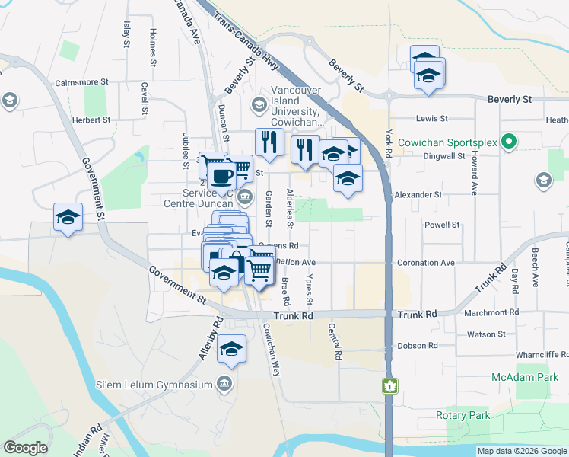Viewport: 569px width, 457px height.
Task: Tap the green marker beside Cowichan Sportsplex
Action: point(512,142)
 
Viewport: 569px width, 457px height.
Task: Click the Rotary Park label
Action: point(463,415)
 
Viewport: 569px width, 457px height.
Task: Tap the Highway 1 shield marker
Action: point(390,386)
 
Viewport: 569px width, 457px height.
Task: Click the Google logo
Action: point(25,448)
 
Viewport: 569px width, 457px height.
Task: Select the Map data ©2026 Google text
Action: point(522,451)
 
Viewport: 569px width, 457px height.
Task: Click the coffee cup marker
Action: point(221,175)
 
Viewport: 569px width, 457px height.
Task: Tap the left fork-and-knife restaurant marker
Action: point(269,142)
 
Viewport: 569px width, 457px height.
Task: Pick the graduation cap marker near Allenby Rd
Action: point(231,349)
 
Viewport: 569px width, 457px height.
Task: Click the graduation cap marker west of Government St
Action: point(68,216)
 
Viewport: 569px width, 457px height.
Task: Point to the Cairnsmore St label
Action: point(84,83)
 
